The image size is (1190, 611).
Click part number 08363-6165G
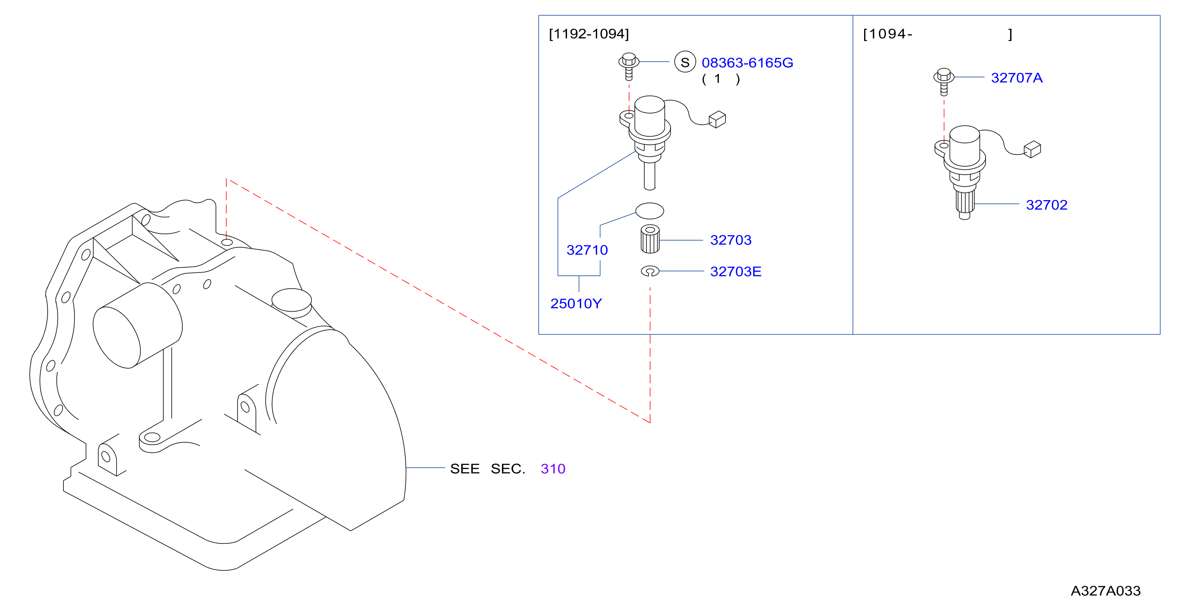pos(747,63)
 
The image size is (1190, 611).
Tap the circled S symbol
pos(685,62)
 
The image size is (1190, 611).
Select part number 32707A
pos(1016,78)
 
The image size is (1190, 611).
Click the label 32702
pos(1046,205)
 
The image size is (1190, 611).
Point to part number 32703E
pos(735,271)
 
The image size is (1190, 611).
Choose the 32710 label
pos(587,250)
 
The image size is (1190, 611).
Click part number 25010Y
pos(576,304)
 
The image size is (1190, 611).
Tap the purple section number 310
pos(553,469)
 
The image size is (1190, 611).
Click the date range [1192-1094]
pos(588,34)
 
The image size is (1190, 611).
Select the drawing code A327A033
pos(1106,591)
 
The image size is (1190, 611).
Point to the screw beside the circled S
pos(629,67)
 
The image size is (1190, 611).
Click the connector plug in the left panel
pos(717,119)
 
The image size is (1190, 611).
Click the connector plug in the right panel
pos(1032,149)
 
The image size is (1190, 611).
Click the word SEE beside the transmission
pos(464,469)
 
